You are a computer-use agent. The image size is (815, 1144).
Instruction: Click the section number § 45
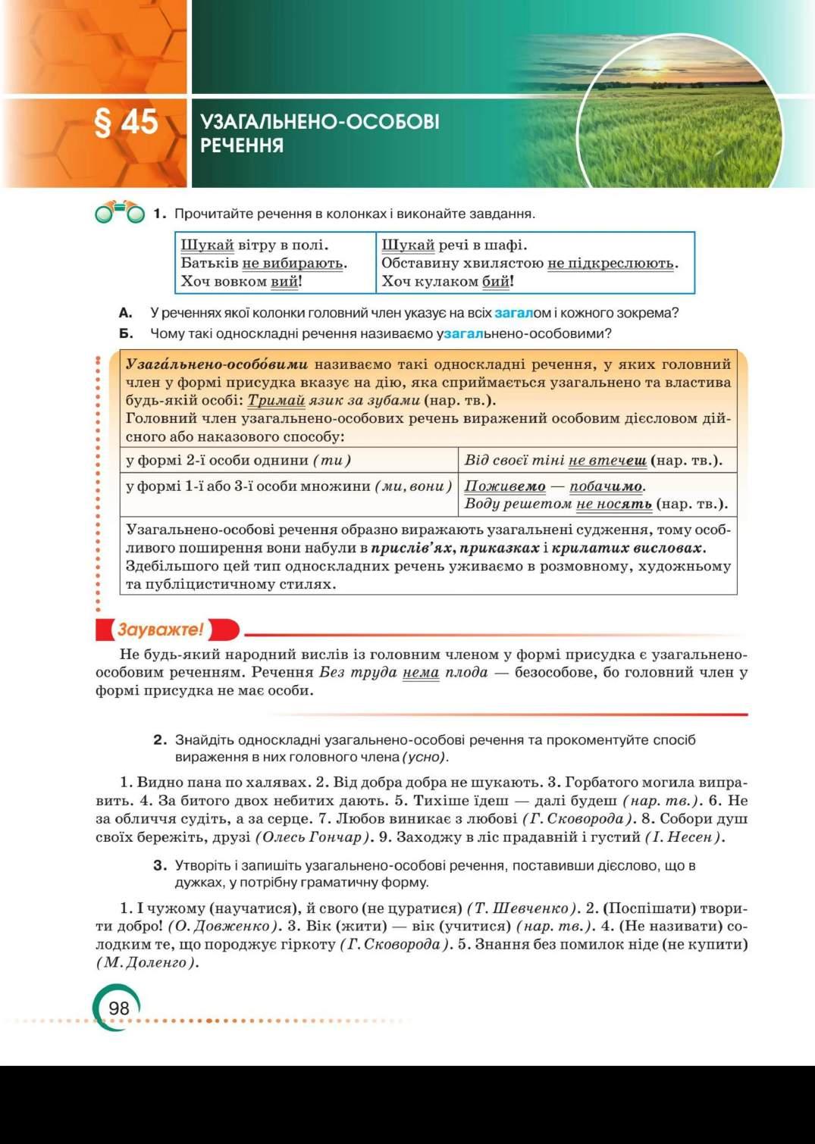[x=126, y=123]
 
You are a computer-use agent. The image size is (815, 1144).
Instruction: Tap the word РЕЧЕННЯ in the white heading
[x=242, y=145]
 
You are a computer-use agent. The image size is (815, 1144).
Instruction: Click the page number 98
[x=119, y=1008]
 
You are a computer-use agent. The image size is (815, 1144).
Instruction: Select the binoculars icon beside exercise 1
[x=120, y=213]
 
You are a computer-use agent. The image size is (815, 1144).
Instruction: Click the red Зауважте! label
[x=161, y=630]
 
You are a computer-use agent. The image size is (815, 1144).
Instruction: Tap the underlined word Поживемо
[x=505, y=486]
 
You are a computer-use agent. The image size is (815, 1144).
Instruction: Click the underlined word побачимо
[x=606, y=486]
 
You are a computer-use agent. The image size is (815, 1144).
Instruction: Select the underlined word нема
[x=421, y=672]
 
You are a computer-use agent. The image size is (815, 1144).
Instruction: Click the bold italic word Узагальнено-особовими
[x=217, y=364]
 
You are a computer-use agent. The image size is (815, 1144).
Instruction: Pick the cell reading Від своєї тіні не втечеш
[x=593, y=460]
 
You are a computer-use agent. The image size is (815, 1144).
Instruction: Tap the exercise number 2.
[x=159, y=739]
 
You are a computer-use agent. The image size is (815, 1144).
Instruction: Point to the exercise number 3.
[x=159, y=865]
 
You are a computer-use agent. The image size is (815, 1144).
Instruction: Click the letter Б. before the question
[x=126, y=333]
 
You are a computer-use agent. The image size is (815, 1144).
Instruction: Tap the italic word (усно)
[x=425, y=757]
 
